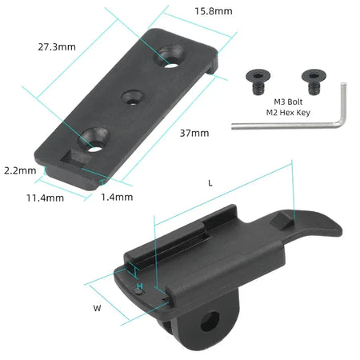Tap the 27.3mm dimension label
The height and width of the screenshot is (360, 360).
click(x=56, y=47)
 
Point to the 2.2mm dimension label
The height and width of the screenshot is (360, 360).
click(x=19, y=170)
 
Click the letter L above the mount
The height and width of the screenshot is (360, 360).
click(x=210, y=182)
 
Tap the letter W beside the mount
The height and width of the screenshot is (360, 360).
click(x=97, y=307)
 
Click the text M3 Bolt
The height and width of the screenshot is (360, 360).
click(x=291, y=102)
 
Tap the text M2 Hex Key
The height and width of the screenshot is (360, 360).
click(x=290, y=114)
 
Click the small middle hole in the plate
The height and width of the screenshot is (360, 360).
click(x=130, y=97)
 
